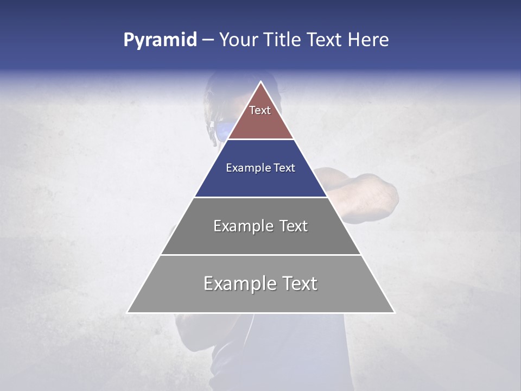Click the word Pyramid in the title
(160, 40)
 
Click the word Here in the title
(368, 40)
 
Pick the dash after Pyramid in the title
(208, 41)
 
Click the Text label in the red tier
(260, 110)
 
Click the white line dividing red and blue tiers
(260, 140)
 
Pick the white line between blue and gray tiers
(260, 197)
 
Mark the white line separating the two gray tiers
(260, 255)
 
